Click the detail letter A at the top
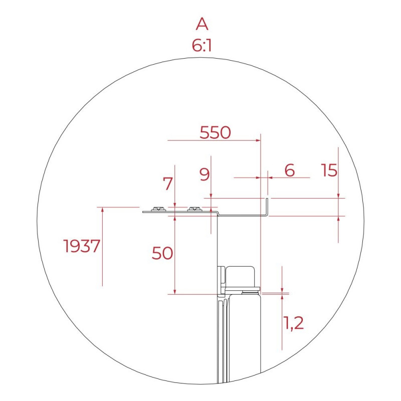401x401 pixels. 202,24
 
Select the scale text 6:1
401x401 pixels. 202,46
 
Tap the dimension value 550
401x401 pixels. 215,133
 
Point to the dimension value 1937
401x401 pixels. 82,246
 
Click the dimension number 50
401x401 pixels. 162,253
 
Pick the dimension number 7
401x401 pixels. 167,183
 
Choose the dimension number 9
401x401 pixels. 205,174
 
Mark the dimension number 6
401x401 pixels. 290,170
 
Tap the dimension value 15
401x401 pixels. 329,170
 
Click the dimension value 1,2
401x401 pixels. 294,323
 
